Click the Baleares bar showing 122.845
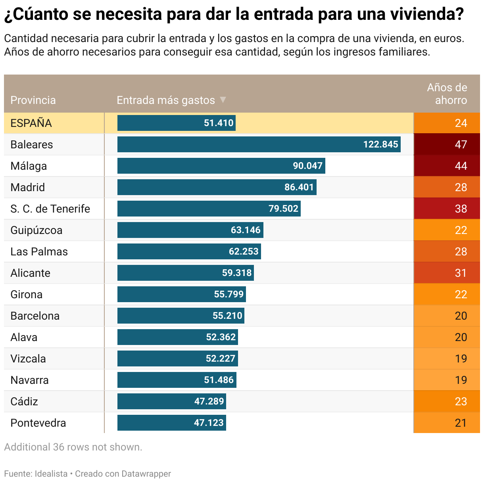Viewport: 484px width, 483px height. pos(259,144)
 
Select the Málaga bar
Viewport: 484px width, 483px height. pos(221,166)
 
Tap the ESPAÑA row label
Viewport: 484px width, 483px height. pos(31,123)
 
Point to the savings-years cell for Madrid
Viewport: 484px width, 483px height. pos(447,187)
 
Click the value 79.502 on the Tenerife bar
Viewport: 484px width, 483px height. pos(283,209)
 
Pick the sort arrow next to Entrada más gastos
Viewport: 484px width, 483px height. pos(223,100)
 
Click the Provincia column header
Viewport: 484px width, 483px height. pos(33,100)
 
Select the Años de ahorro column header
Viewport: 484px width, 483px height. pos(447,94)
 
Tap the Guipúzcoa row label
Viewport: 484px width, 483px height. pos(36,230)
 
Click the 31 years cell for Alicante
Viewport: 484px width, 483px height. pos(447,273)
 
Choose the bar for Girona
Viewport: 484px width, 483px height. pos(181,294)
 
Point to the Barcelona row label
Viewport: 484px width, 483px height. pos(35,316)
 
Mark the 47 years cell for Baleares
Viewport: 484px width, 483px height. pos(447,144)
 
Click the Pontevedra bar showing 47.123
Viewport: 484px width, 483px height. pos(171,423)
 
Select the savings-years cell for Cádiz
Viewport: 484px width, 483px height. pos(447,401)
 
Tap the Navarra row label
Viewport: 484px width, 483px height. pos(30,380)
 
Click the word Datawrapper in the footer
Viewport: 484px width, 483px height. pos(146,473)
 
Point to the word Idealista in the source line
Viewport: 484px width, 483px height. pos(51,473)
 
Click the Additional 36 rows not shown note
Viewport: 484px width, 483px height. pos(73,447)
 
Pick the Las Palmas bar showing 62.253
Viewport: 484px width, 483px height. pos(189,251)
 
